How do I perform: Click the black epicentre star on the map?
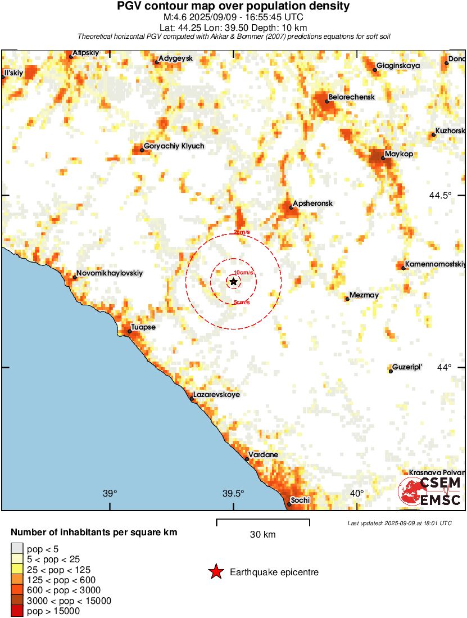234,281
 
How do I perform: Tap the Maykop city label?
400,154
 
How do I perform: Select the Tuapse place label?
143,327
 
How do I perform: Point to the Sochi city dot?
289,504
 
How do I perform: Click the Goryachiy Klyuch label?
174,146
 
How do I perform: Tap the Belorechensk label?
351,97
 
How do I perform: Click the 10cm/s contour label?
243,273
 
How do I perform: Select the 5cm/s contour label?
241,303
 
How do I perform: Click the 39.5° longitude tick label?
233,494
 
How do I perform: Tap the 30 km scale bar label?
263,535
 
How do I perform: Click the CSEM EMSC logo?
430,491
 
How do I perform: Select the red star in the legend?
215,572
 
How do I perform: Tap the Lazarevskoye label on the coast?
216,395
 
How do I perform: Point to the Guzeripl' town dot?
391,371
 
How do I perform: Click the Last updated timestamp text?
400,523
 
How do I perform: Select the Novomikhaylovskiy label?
110,273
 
